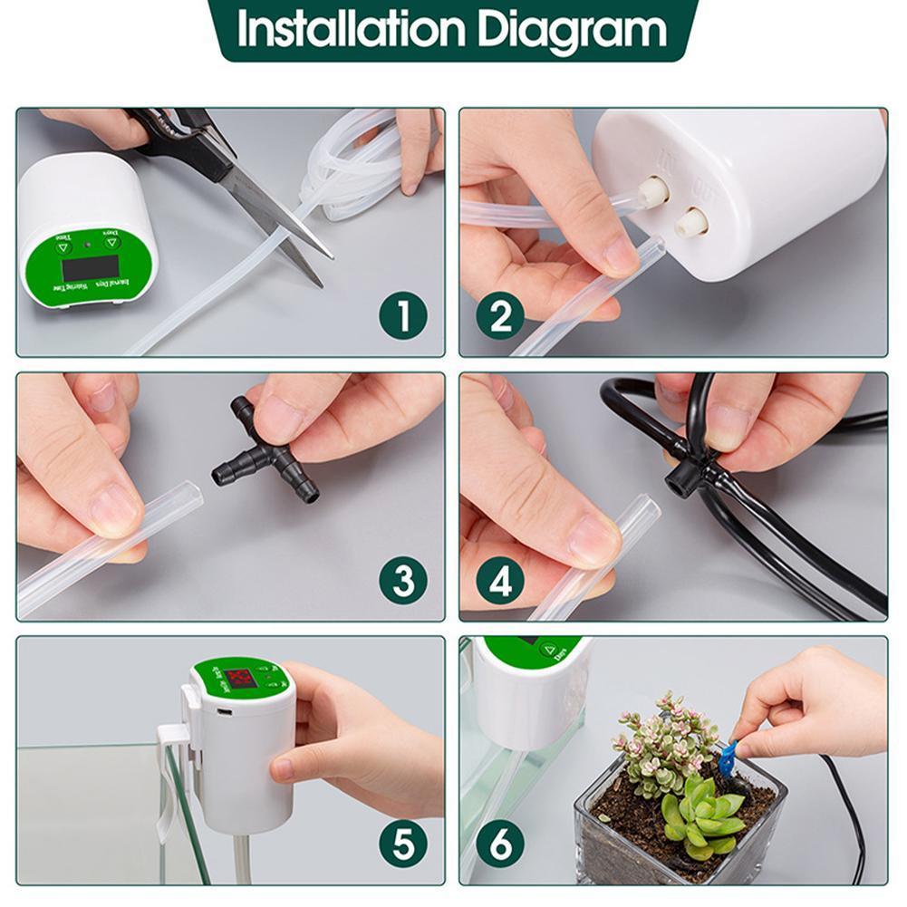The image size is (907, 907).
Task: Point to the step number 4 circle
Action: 500,581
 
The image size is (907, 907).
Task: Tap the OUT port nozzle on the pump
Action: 693,220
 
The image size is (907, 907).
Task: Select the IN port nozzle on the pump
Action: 654,189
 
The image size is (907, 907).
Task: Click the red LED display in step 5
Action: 241,680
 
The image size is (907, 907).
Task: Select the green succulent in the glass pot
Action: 701,815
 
